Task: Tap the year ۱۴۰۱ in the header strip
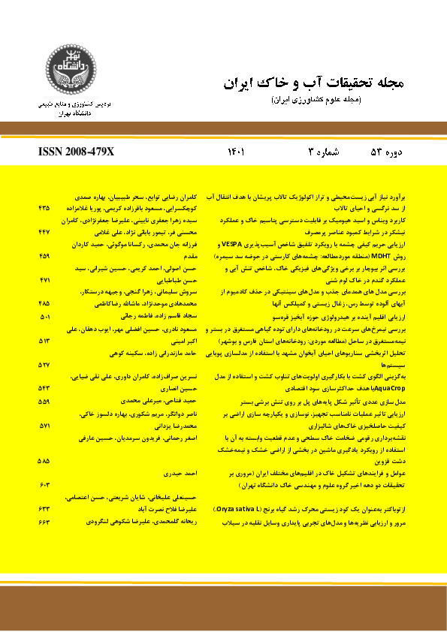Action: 237,152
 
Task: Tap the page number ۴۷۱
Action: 44,279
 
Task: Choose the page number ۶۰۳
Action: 44,486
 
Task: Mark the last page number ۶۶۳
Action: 44,522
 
